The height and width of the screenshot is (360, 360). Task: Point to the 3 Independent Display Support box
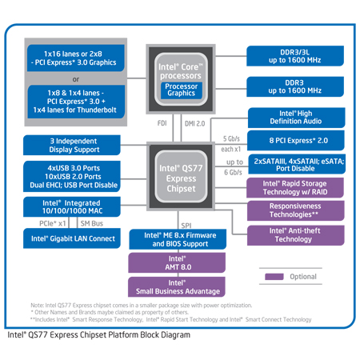(73, 146)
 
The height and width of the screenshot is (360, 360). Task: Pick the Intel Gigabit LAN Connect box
(73, 238)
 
